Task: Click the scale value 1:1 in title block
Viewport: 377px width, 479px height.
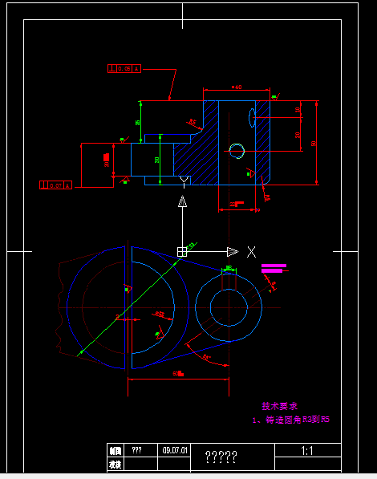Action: tap(306, 451)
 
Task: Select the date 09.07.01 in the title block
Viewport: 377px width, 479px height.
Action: tap(175, 451)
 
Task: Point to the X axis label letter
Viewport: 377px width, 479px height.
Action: tap(251, 251)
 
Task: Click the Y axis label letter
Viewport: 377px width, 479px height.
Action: tap(184, 180)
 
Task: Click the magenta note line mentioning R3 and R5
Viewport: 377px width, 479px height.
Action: tap(291, 419)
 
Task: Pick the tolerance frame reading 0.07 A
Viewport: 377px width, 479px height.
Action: tap(55, 185)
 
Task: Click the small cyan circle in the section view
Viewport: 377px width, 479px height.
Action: tap(236, 150)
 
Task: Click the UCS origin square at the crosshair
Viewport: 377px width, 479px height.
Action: tap(182, 251)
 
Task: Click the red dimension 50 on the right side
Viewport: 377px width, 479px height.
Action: tap(314, 143)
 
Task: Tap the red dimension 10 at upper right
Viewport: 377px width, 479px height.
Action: tap(298, 109)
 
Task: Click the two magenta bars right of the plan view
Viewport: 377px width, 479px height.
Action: tap(273, 268)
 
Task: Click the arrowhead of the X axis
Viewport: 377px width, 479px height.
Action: tap(232, 251)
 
